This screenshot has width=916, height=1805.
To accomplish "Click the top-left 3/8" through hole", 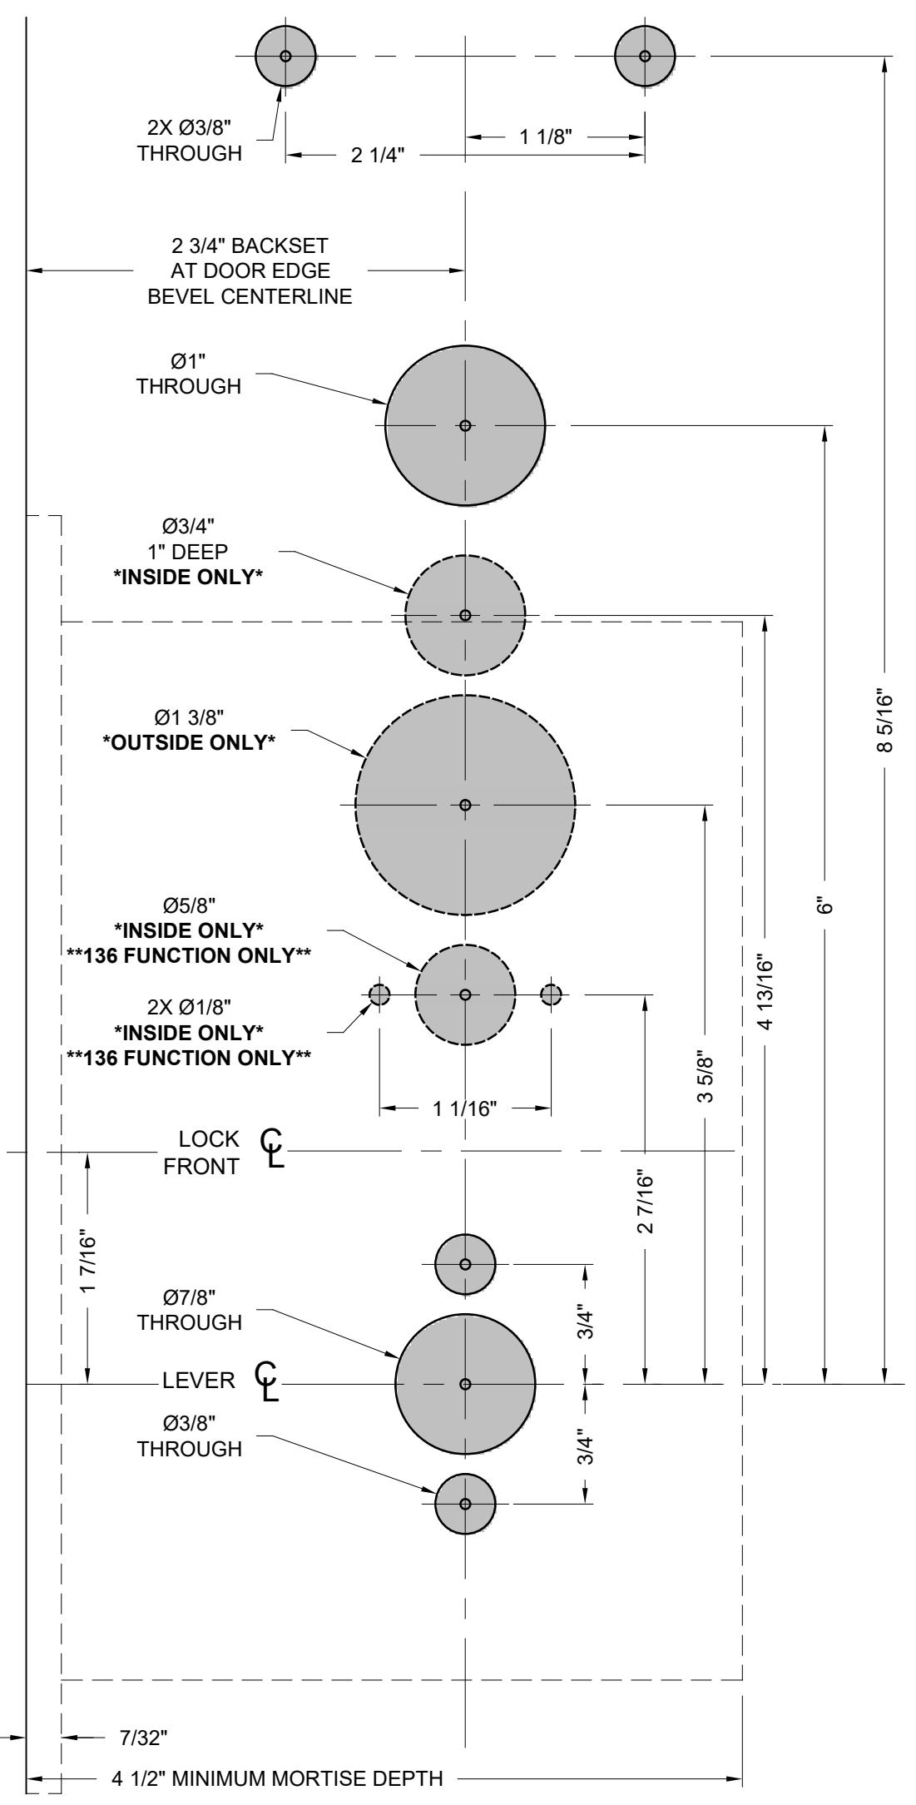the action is tap(285, 56).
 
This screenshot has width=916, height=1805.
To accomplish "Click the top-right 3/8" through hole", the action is tap(645, 56).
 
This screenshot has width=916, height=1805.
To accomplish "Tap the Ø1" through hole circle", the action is tap(465, 425).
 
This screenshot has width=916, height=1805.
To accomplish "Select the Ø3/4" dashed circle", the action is tap(465, 615).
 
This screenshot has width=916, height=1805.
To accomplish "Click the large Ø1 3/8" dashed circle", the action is tap(465, 805).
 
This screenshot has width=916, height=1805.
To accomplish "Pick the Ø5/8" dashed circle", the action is tap(465, 994).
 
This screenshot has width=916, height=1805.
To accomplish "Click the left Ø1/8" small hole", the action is tap(379, 994).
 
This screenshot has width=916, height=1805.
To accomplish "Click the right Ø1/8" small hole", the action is tap(552, 994).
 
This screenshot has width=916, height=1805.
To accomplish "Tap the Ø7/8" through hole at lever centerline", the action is tap(465, 1384).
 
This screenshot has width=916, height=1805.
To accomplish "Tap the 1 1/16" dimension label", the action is tap(465, 1108).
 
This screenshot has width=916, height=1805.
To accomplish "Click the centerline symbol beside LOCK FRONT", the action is tap(272, 1149).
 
